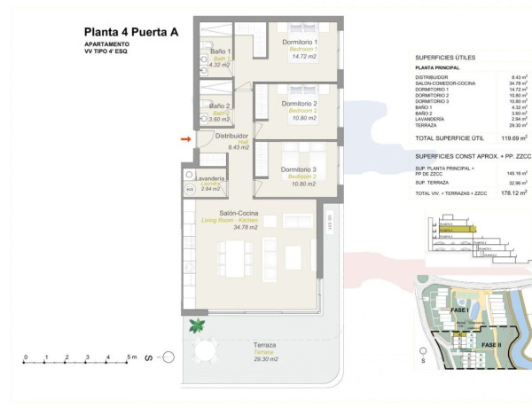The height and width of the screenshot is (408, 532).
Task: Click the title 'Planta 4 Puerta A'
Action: click(x=131, y=32)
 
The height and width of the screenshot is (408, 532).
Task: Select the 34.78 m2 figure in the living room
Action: click(x=245, y=228)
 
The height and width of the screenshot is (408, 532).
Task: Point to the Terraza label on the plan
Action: click(x=264, y=345)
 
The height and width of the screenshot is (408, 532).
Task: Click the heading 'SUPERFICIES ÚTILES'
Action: click(x=445, y=57)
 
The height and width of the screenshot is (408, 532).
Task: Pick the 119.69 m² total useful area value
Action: click(x=512, y=138)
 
